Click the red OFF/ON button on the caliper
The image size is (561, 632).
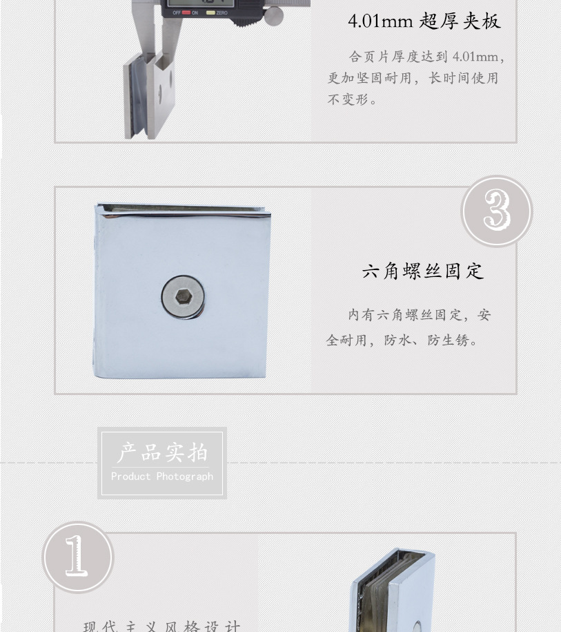tap(186, 12)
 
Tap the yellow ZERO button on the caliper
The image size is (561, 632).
tap(210, 12)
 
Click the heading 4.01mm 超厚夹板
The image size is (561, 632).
tap(424, 21)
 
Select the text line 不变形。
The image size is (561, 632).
tap(353, 100)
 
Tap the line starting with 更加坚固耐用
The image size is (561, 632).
tap(412, 78)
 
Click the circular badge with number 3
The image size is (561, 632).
tap(496, 211)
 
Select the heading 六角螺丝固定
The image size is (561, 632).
tap(422, 271)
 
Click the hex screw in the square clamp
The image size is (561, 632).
tap(183, 297)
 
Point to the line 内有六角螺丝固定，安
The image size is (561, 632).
tap(419, 315)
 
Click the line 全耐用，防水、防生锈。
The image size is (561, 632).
tap(403, 340)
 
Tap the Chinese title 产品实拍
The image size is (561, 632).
tap(162, 453)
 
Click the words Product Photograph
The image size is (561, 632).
tap(162, 477)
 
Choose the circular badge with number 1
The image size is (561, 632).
tap(77, 557)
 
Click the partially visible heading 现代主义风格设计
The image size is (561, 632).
tap(162, 626)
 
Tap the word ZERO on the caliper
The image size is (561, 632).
tap(222, 13)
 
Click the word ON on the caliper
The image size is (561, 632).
tap(195, 13)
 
